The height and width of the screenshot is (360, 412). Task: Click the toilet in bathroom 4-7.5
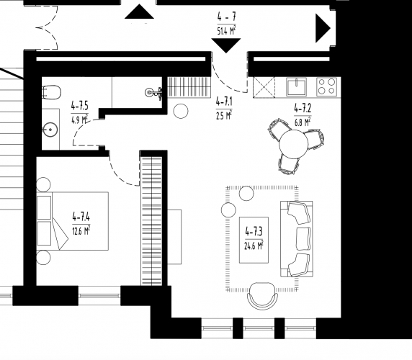[x=52, y=92]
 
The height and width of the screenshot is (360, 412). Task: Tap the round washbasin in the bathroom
[x=50, y=130]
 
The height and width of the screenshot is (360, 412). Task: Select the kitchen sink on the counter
[x=296, y=86]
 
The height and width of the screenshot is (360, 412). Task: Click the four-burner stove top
[x=326, y=86]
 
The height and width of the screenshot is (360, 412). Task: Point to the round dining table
[x=293, y=144]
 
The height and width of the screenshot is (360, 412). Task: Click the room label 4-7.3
[x=254, y=232]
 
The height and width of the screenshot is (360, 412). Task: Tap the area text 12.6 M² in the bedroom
[x=81, y=230]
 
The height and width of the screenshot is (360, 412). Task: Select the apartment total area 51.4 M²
[x=226, y=30]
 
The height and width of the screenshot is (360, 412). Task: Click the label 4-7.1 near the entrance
[x=224, y=102]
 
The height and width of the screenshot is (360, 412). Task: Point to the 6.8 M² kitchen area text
[x=303, y=122]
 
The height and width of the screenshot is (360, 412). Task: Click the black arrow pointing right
[x=323, y=28]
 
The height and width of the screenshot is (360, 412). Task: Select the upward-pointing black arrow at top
[x=139, y=12]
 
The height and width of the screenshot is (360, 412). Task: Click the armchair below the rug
[x=262, y=296]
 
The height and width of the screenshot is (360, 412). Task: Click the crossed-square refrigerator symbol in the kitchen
[x=264, y=87]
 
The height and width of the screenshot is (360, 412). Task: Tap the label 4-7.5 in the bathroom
[x=80, y=106]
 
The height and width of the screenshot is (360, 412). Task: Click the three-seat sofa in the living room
[x=296, y=239]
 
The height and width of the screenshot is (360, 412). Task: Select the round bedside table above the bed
[x=43, y=184]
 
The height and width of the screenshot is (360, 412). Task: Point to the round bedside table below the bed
[x=43, y=257]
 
